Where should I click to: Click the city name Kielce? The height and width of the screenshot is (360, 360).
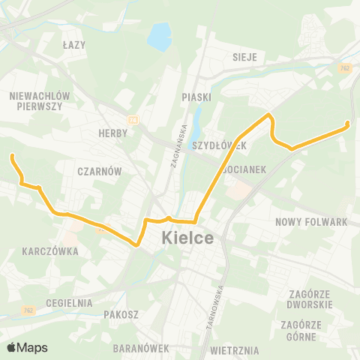point(187,239)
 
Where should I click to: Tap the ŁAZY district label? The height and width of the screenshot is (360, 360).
point(74,45)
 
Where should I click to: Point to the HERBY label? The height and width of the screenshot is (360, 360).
point(114,133)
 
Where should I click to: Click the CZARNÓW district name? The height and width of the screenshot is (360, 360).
point(99,171)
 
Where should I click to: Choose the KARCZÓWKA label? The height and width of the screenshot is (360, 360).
point(51,251)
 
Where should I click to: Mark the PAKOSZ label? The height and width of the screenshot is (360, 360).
point(121,315)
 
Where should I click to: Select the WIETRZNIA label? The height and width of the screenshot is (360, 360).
point(235,349)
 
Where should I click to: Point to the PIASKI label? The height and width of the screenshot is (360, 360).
point(196,97)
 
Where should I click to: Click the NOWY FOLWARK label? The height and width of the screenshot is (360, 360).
point(311,222)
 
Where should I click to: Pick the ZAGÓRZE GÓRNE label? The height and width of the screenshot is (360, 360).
point(301,330)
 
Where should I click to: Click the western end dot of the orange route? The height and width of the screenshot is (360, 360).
point(12,156)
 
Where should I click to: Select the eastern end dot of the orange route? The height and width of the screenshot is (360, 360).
point(349,124)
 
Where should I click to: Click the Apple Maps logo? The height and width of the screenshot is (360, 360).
point(27,347)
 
